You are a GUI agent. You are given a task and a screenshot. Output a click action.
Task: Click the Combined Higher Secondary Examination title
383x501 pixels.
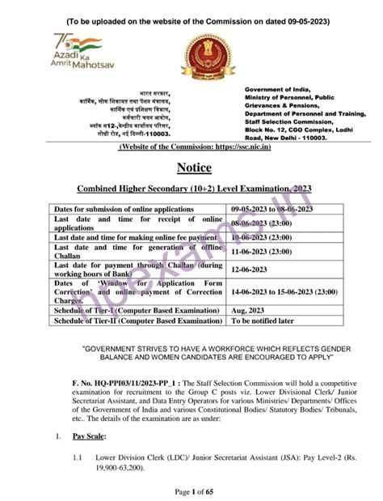(x=191, y=189)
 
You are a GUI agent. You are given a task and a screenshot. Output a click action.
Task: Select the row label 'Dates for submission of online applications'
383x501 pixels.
(x=124, y=208)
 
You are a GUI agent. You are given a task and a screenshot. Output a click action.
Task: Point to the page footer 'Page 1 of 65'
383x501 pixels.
(x=191, y=490)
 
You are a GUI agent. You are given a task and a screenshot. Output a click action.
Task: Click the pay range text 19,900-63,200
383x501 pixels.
(x=121, y=468)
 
